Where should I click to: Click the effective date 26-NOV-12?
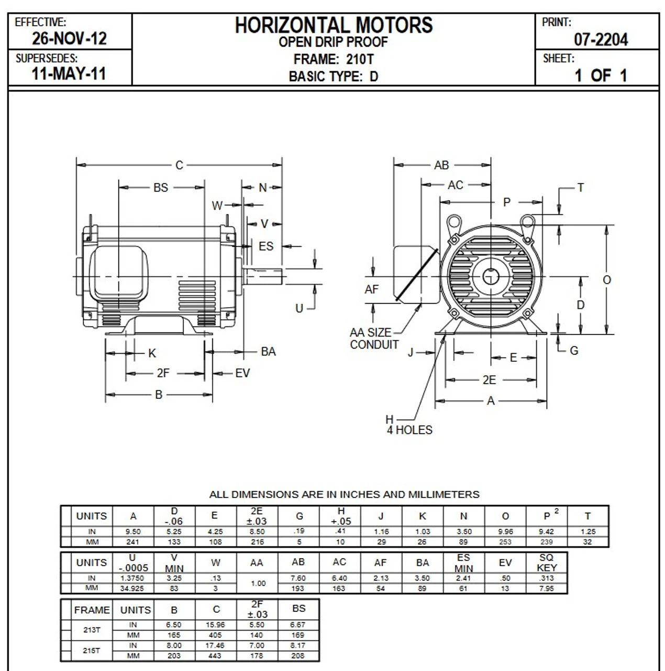click(69, 38)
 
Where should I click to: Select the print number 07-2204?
click(601, 39)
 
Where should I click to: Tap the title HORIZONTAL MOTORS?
click(334, 25)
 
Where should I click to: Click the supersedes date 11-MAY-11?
click(69, 73)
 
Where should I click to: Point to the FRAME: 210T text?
click(334, 59)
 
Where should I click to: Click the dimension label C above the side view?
click(179, 166)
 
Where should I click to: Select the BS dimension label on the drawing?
click(161, 188)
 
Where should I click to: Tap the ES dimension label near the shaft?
click(266, 246)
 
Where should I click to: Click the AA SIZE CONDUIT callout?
click(373, 339)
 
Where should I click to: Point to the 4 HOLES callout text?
click(409, 430)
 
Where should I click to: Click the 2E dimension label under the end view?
click(489, 380)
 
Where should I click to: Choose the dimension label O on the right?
click(607, 280)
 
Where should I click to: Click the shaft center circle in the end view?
click(490, 276)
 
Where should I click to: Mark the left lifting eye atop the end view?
click(453, 223)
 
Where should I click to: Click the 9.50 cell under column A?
click(133, 532)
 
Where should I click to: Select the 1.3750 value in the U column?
click(133, 578)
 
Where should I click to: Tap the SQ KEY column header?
click(546, 562)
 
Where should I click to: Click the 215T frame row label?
click(91, 651)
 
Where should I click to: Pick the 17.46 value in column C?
click(216, 646)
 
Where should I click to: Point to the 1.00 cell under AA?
click(257, 583)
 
